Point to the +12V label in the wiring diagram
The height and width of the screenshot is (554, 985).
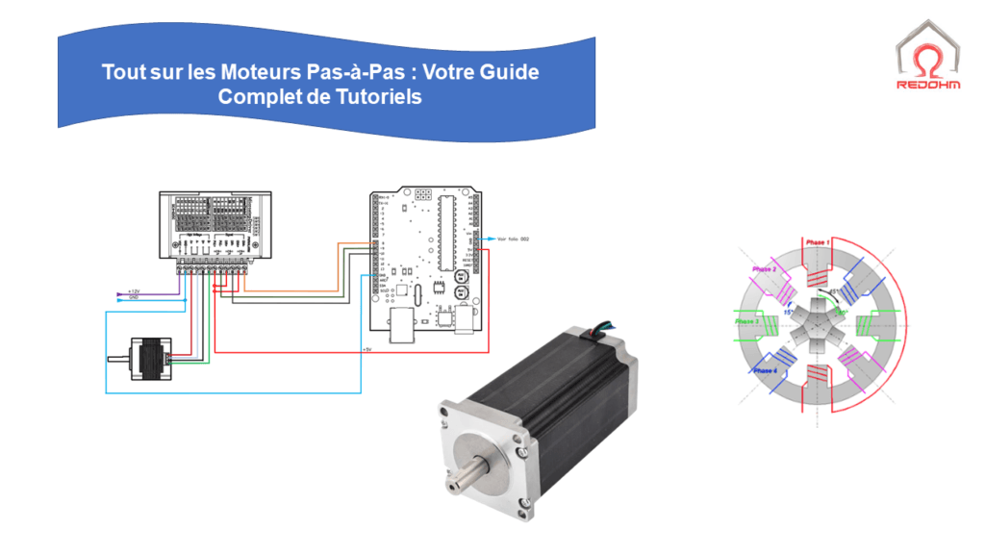134,290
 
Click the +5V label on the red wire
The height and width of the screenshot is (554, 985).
366,349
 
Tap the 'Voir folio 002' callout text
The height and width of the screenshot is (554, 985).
512,239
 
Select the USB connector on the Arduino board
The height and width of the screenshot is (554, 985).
401,327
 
